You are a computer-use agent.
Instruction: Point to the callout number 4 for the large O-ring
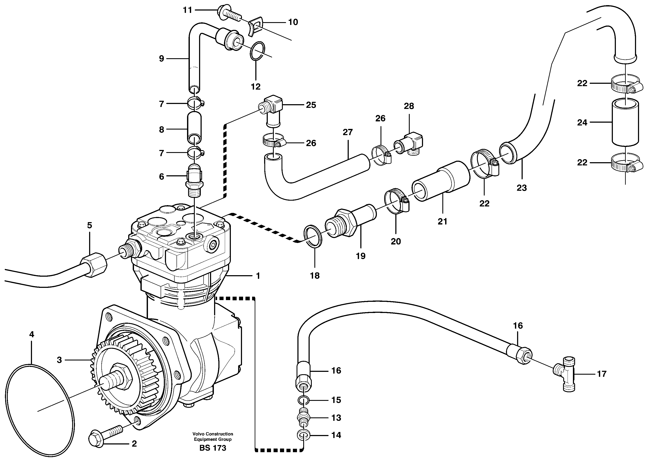point(32,334)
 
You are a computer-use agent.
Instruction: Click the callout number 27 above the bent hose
point(348,132)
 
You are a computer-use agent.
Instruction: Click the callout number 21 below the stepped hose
point(442,221)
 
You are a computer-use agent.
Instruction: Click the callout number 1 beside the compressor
point(258,276)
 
